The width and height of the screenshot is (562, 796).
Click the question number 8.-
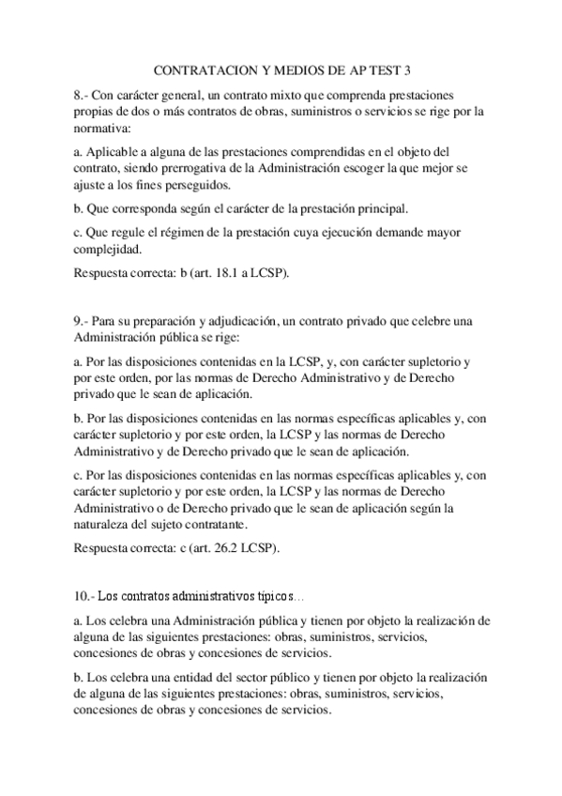(83, 96)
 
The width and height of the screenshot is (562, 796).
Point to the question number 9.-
(83, 321)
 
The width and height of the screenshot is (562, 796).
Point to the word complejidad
(107, 249)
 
